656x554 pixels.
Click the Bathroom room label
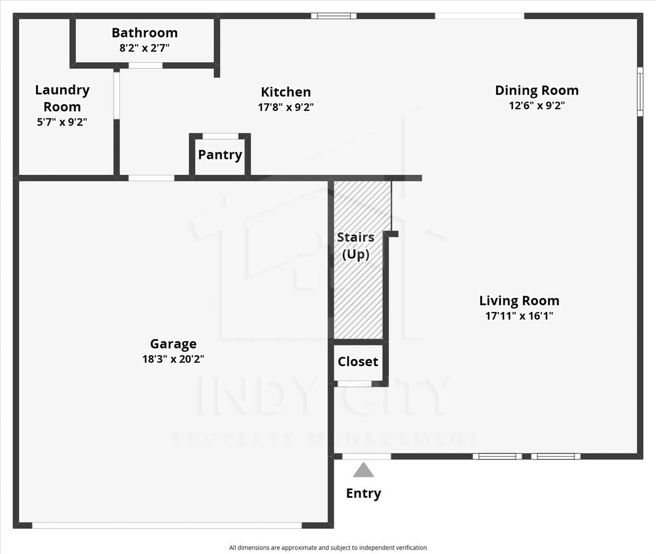[x=144, y=33]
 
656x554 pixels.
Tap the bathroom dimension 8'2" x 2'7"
[x=144, y=48]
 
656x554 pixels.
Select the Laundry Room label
[x=62, y=98]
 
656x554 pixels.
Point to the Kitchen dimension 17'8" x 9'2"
[x=286, y=108]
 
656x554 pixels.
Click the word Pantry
[x=220, y=155]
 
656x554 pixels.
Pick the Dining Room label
[x=537, y=91]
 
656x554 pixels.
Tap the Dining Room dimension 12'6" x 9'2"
[x=537, y=105]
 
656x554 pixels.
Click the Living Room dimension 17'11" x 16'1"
[x=519, y=316]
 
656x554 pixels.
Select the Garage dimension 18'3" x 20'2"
[x=173, y=358]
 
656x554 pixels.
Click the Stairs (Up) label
[x=356, y=246]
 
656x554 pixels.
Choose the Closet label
[x=358, y=362]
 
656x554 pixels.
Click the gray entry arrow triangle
[x=364, y=470]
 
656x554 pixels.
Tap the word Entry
[x=364, y=493]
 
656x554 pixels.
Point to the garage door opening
[x=167, y=526]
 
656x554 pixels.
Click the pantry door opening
[x=220, y=136]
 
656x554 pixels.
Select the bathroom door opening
[x=145, y=66]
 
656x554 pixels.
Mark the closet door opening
[x=354, y=384]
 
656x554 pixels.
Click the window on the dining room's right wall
[x=640, y=92]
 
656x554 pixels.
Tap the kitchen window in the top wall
[x=333, y=16]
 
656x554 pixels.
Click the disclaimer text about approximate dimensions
[x=328, y=548]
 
